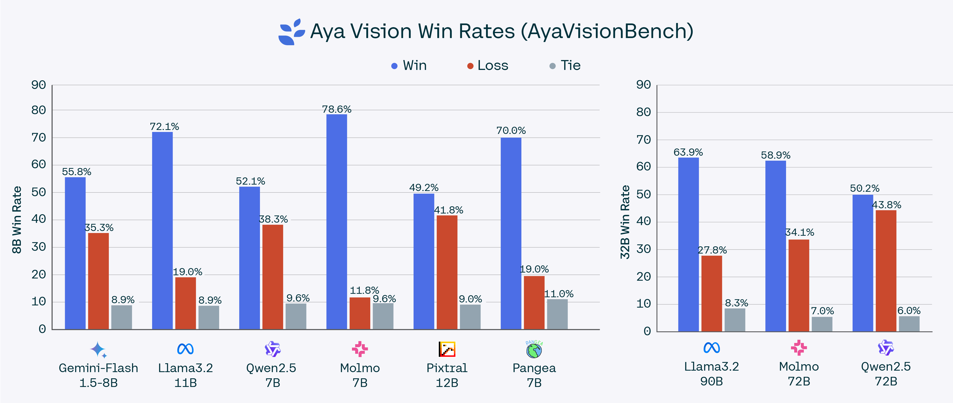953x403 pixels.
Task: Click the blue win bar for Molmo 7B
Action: click(x=336, y=222)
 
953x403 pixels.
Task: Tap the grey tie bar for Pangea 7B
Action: click(x=557, y=314)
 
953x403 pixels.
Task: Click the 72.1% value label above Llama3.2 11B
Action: click(x=164, y=127)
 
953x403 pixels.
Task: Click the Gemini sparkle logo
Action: click(x=98, y=349)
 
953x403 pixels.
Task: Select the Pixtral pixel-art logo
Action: click(x=447, y=349)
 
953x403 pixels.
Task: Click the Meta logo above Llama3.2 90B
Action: click(x=711, y=348)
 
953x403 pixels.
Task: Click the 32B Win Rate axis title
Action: click(x=625, y=222)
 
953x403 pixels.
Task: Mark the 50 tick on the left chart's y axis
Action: click(x=39, y=192)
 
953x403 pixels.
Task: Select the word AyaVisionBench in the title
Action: click(x=607, y=31)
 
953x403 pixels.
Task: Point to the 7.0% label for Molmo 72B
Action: click(x=822, y=311)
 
